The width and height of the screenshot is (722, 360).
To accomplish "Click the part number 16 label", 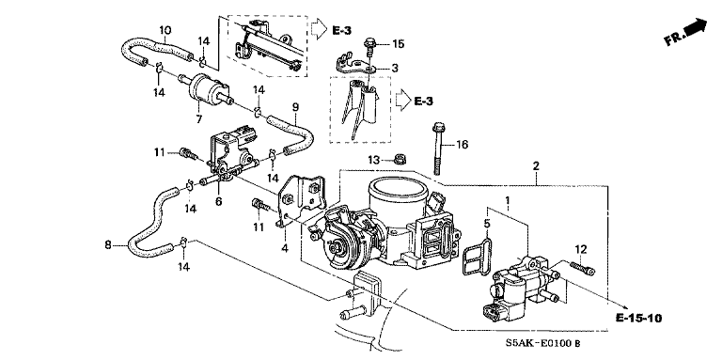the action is click(462, 145).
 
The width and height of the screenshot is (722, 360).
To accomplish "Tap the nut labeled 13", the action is click(399, 160).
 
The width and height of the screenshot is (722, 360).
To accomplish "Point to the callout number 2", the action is click(536, 166).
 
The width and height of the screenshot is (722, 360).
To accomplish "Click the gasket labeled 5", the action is click(477, 256).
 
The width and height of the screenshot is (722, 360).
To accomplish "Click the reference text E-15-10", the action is click(639, 318).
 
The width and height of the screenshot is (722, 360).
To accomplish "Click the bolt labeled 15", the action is click(369, 47).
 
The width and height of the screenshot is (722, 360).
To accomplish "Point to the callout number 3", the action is click(394, 68).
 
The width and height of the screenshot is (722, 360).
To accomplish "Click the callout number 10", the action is click(165, 30).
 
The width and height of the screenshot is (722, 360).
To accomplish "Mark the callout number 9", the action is click(295, 107).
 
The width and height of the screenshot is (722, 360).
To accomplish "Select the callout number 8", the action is click(108, 245).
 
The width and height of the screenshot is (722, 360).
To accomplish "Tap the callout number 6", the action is click(218, 201).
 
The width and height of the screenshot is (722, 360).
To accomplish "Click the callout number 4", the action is click(285, 248).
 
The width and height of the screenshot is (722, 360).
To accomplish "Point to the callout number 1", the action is click(508, 201).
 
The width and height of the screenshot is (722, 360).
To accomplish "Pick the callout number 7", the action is click(198, 119).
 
